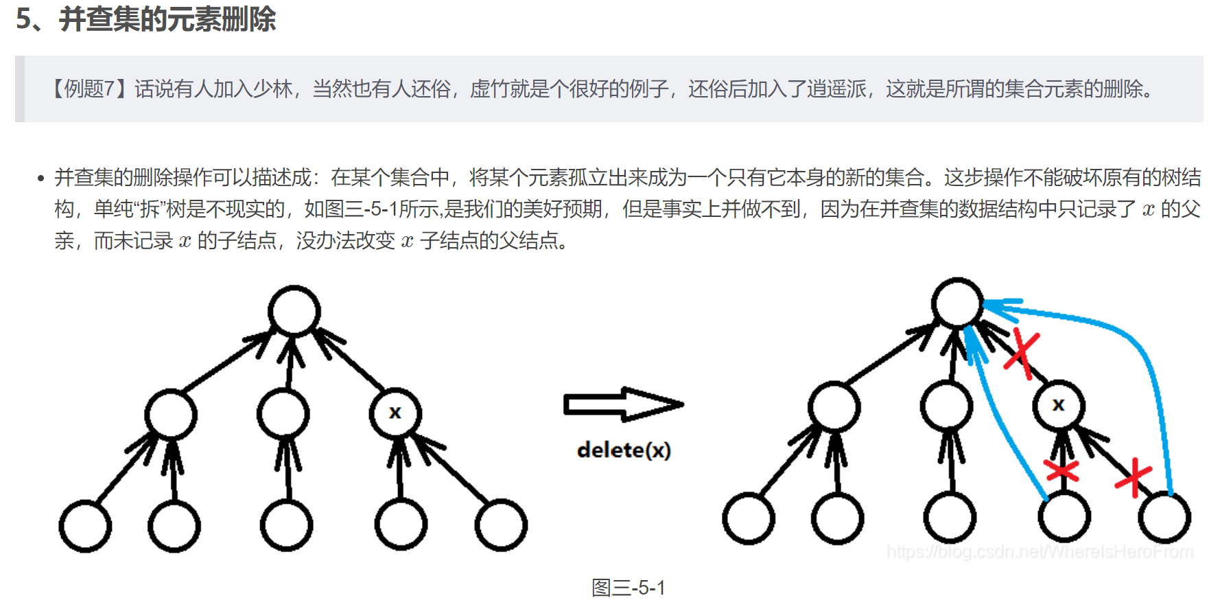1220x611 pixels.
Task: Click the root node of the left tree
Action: point(294,311)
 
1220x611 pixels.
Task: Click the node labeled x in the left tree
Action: point(395,413)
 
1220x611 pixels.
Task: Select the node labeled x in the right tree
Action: point(1058,405)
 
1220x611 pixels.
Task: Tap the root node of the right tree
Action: point(957,303)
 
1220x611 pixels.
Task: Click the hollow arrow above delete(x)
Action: point(622,404)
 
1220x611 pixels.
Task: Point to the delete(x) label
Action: point(624,450)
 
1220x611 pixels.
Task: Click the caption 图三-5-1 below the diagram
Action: point(628,588)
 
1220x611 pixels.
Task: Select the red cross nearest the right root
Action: point(1022,353)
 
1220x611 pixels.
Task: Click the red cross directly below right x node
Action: point(1061,470)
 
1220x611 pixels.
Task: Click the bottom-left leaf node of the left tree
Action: point(85,526)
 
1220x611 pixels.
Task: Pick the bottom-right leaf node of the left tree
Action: point(501,525)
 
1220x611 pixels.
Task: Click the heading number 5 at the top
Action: point(23,19)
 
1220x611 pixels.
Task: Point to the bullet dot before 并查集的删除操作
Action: point(40,178)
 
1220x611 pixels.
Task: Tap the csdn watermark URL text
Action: point(1040,552)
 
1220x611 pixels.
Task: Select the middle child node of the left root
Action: point(283,413)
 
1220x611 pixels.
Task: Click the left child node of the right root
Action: point(834,406)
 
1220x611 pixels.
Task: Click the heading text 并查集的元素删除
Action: point(167,19)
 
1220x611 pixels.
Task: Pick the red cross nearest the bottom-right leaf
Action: point(1134,477)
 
